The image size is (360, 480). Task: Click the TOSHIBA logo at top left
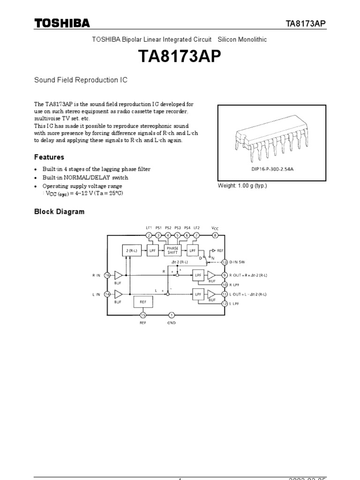[61, 23]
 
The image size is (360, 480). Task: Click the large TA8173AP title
[180, 57]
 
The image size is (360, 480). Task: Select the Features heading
[49, 157]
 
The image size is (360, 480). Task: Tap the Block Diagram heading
[59, 211]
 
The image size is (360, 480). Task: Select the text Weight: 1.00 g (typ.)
[242, 186]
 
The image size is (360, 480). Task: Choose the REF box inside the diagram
[143, 302]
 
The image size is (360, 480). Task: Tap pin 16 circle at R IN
[108, 276]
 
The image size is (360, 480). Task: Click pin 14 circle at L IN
[108, 294]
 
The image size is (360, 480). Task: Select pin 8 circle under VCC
[215, 235]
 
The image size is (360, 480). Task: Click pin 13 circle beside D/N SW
[225, 262]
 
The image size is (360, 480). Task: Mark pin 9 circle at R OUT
[225, 275]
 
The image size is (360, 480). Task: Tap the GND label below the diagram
[172, 323]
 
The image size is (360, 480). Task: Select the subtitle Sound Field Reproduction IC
[81, 80]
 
